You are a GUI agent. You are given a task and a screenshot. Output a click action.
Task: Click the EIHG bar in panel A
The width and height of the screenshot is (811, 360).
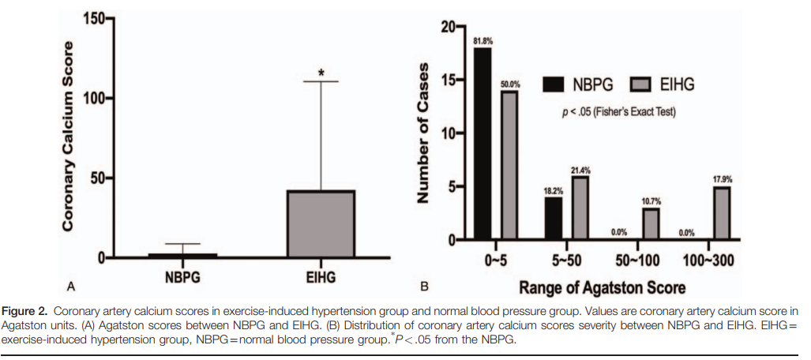(x=321, y=223)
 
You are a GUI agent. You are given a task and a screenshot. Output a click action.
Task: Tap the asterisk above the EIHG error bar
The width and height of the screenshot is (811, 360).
(x=321, y=73)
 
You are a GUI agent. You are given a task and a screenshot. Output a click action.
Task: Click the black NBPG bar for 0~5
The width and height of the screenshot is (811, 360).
(x=482, y=144)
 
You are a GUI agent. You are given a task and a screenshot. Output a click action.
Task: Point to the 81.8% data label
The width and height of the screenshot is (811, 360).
(x=482, y=40)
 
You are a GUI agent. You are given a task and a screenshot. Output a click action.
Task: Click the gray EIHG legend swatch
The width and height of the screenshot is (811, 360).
(x=644, y=84)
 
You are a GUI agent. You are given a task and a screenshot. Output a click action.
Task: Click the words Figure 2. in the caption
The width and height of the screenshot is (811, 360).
(x=32, y=309)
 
